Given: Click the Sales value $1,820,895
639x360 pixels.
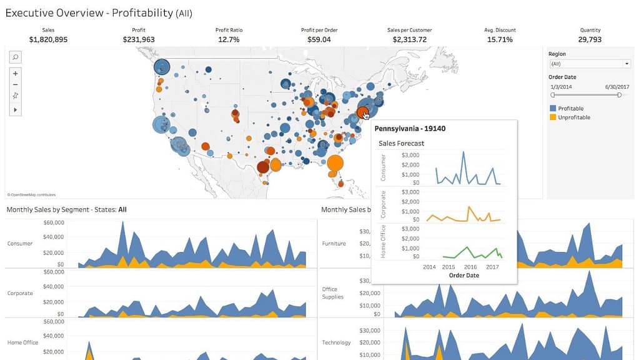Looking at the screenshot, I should (x=48, y=39).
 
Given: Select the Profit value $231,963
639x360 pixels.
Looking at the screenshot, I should (x=139, y=39).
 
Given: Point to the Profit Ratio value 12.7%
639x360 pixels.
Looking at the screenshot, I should (x=229, y=39).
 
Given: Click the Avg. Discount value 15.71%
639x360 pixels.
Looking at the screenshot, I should (x=500, y=39).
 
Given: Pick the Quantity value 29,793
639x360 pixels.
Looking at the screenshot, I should (x=590, y=39).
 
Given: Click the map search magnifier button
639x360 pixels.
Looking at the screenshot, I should (x=16, y=57).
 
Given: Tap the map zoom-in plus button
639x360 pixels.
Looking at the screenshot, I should (x=16, y=73).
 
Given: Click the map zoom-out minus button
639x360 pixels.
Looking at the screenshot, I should (x=16, y=84).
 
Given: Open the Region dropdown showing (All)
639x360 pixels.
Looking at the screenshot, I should (x=590, y=64).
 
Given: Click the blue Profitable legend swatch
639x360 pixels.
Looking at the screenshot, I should (x=553, y=108).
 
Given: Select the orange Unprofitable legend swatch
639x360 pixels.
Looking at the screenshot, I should (x=553, y=117).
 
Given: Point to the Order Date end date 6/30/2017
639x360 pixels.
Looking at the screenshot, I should (x=617, y=86).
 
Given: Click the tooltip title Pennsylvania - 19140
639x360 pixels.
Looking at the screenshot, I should (x=410, y=129).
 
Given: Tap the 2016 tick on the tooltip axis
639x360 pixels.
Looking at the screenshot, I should (x=470, y=267).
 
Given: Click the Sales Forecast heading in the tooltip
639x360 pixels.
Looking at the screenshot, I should (x=401, y=144).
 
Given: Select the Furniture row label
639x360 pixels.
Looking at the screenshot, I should (x=334, y=244).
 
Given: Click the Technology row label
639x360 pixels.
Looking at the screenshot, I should (x=336, y=342).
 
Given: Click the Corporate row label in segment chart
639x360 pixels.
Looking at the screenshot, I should (x=20, y=293).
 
